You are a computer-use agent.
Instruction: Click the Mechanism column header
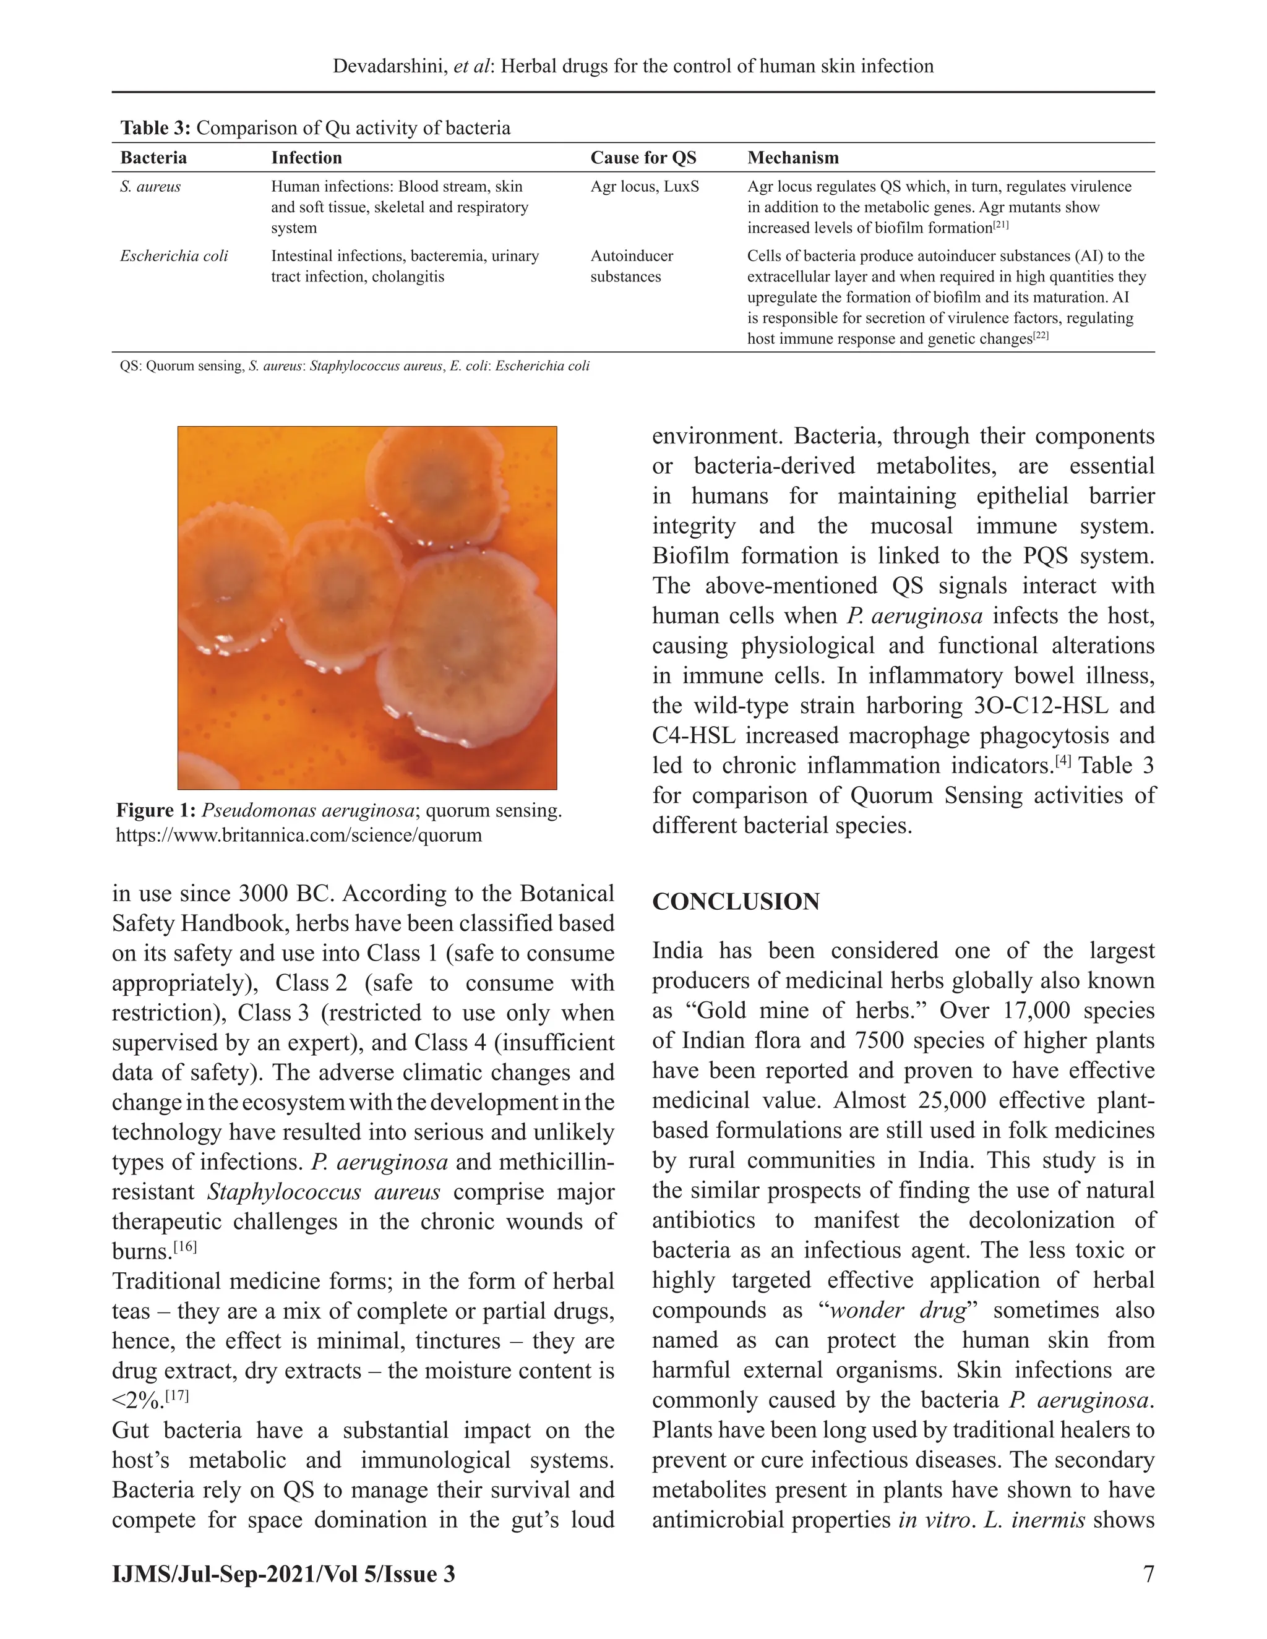(792, 158)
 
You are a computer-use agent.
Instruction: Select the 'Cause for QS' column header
(643, 158)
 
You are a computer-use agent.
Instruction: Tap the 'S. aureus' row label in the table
(150, 186)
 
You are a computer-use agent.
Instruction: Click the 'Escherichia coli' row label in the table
(173, 256)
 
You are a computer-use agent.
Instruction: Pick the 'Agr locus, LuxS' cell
(644, 186)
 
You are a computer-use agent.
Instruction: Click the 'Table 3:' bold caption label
(155, 128)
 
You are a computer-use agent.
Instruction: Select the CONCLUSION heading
(735, 901)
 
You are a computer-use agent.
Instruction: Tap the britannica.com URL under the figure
(298, 835)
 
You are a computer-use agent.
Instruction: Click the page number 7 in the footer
(1148, 1573)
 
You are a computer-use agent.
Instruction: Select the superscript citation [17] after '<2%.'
(177, 1396)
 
